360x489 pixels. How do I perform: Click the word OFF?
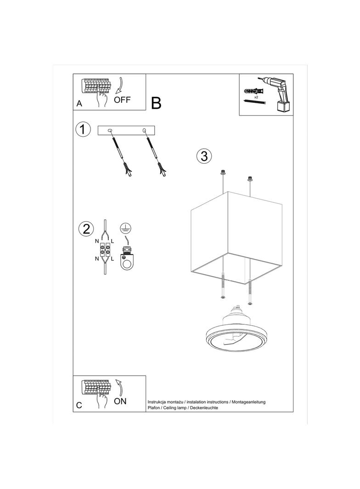(x=122, y=100)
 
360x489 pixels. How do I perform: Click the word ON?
(x=120, y=401)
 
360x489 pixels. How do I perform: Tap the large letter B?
(x=156, y=103)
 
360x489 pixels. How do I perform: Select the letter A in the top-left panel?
(x=79, y=104)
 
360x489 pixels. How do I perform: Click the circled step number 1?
(x=83, y=129)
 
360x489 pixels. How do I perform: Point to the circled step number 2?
(x=86, y=228)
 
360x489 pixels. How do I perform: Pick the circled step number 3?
(x=204, y=156)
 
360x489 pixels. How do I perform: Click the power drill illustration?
(x=279, y=94)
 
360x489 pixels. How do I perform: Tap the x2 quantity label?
(x=256, y=97)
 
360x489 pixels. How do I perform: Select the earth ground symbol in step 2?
(x=125, y=228)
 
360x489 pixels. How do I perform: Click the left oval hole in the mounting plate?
(x=110, y=130)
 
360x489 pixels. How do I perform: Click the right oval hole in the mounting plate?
(x=144, y=130)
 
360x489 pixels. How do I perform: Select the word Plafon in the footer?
(x=153, y=408)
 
